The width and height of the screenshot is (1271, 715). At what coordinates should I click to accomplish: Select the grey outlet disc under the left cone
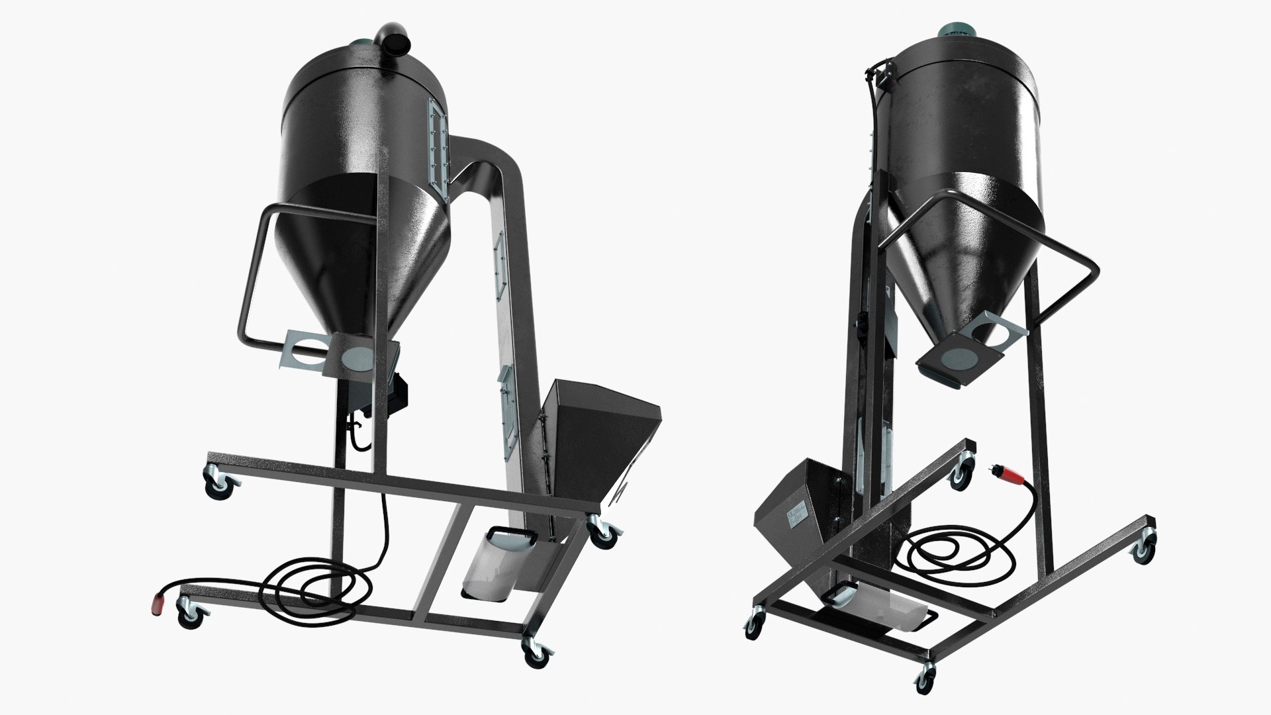point(358,357)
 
